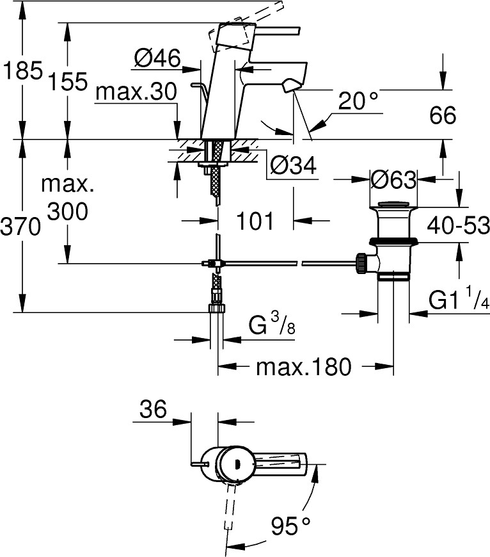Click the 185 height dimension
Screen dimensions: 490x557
(22, 70)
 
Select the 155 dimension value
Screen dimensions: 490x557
(67, 81)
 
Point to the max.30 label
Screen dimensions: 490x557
(136, 91)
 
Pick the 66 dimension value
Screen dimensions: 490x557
(443, 115)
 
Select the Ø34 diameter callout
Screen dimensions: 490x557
(293, 166)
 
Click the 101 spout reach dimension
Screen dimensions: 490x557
(255, 221)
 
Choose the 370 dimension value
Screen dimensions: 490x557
(20, 226)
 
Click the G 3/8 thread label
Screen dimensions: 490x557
(272, 325)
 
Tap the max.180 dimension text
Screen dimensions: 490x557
(304, 367)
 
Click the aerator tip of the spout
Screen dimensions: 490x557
(290, 86)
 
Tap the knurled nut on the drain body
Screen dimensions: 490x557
(361, 263)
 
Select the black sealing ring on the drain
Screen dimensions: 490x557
(393, 241)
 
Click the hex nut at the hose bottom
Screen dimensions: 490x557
(216, 307)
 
